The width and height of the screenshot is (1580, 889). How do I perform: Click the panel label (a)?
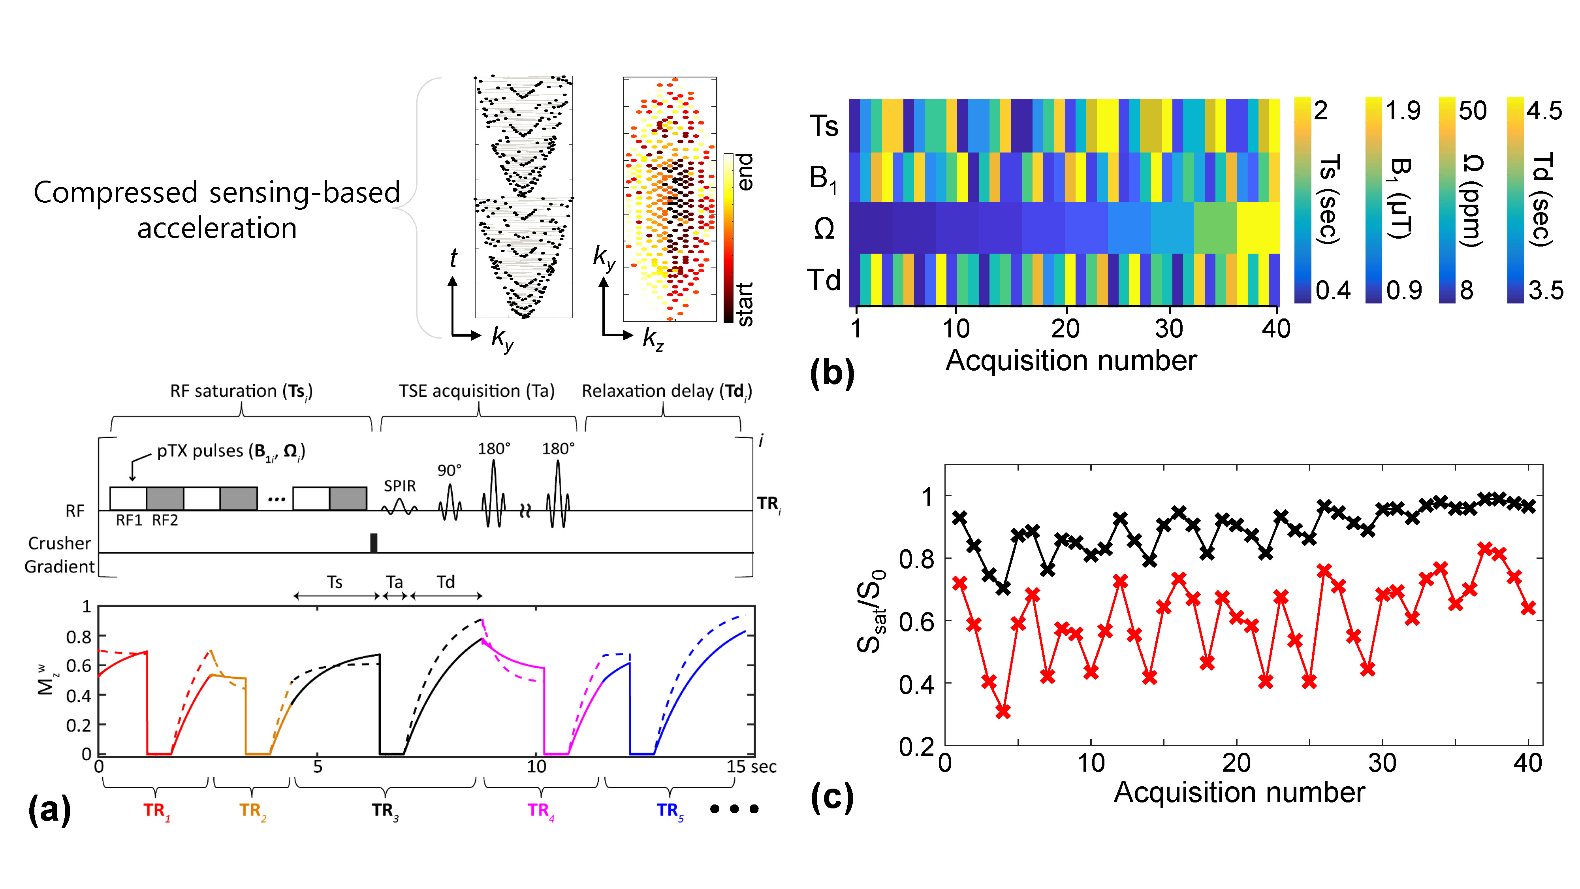coord(49,810)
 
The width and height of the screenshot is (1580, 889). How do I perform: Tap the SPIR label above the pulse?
coord(400,486)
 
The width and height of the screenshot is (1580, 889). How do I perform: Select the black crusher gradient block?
coord(374,543)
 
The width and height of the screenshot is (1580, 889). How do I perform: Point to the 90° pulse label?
coord(449,471)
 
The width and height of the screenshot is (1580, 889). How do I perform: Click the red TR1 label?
coord(156,811)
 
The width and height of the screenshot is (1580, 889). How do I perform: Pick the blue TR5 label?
coord(670,811)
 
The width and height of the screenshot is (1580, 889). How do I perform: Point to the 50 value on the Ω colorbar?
coord(1473,111)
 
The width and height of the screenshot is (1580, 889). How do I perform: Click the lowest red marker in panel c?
coord(1003,712)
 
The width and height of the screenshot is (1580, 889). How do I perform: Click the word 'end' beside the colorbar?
coord(743,172)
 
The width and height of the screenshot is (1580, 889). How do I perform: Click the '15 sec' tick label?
coord(751,767)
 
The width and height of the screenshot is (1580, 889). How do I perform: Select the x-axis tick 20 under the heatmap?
coord(1065,329)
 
